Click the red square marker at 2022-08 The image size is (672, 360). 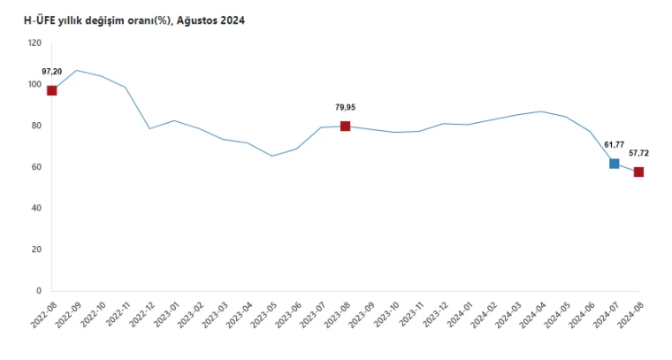[52, 90]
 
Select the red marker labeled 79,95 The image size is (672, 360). [345, 126]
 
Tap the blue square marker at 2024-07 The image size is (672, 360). [615, 164]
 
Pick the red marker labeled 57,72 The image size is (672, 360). [638, 172]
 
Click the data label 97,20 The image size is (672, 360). [52, 72]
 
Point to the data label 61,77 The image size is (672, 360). [615, 145]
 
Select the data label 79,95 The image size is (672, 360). [346, 107]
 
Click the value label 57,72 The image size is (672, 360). [639, 153]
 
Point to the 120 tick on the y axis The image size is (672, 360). [34, 42]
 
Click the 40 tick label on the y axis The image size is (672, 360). [36, 208]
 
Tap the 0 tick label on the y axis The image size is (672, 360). [39, 291]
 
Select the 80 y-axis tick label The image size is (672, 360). [36, 126]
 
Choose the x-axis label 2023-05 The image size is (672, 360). [263, 315]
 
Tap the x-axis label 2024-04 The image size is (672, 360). [532, 315]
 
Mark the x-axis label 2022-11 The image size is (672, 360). [117, 315]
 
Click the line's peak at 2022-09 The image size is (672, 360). [76, 70]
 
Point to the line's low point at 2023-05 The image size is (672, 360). [271, 156]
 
